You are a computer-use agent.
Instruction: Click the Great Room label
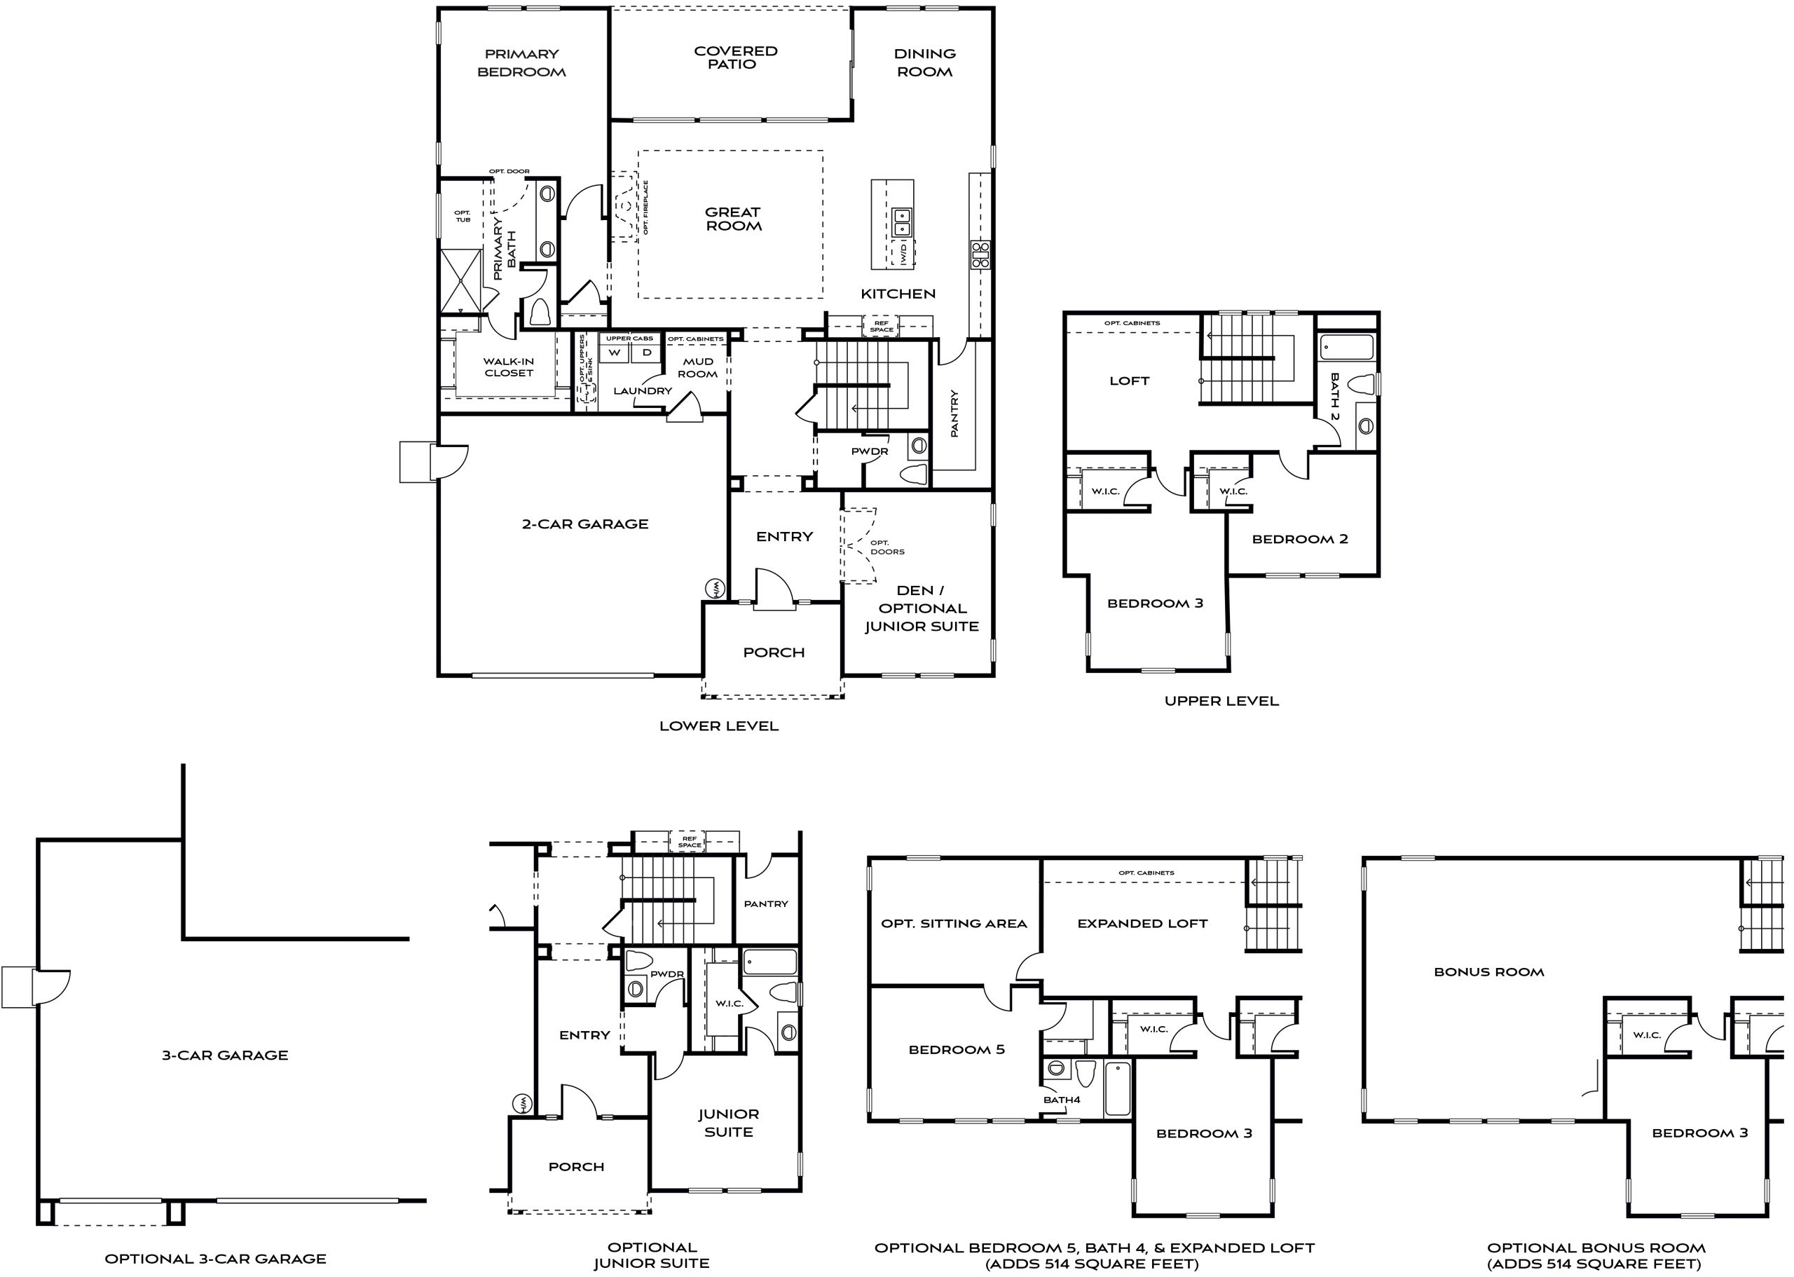click(x=733, y=219)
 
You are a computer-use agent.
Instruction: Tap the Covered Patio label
click(x=735, y=57)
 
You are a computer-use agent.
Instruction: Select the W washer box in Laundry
click(x=614, y=353)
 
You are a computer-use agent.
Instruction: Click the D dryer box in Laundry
click(x=646, y=353)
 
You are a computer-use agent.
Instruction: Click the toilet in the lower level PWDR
click(x=915, y=475)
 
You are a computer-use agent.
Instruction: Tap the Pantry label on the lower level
click(x=954, y=414)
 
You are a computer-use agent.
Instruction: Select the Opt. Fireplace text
click(x=646, y=207)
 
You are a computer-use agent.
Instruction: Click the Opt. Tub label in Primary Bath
click(x=463, y=215)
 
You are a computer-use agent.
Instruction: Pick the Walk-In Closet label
click(x=509, y=367)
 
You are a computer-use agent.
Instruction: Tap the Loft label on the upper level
click(x=1129, y=381)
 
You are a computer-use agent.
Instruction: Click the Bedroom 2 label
click(x=1299, y=539)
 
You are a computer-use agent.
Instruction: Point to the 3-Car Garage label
click(x=225, y=1056)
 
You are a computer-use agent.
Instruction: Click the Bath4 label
click(x=1061, y=1099)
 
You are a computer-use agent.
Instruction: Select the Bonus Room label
click(x=1488, y=972)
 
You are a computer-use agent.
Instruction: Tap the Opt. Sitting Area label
click(x=954, y=923)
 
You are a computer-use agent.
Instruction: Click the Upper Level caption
click(x=1221, y=701)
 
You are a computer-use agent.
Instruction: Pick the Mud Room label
click(x=697, y=367)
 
